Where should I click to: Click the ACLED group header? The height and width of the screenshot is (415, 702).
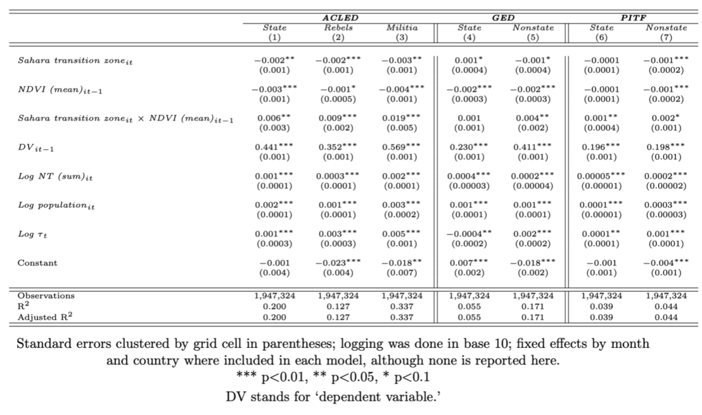[340, 17]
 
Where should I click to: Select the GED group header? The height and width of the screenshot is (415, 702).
[503, 17]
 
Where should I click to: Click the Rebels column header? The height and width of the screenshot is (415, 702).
[339, 27]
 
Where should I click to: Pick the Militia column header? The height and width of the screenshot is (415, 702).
[402, 27]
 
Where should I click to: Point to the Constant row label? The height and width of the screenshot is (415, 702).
[38, 263]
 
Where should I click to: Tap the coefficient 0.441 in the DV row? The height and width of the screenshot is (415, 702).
[271, 147]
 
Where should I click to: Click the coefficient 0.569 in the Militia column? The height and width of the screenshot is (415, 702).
[398, 147]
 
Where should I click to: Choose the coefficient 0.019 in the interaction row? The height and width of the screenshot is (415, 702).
[398, 118]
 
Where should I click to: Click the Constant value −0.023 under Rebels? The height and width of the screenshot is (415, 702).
[335, 263]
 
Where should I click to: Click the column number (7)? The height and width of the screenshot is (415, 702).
[666, 37]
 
